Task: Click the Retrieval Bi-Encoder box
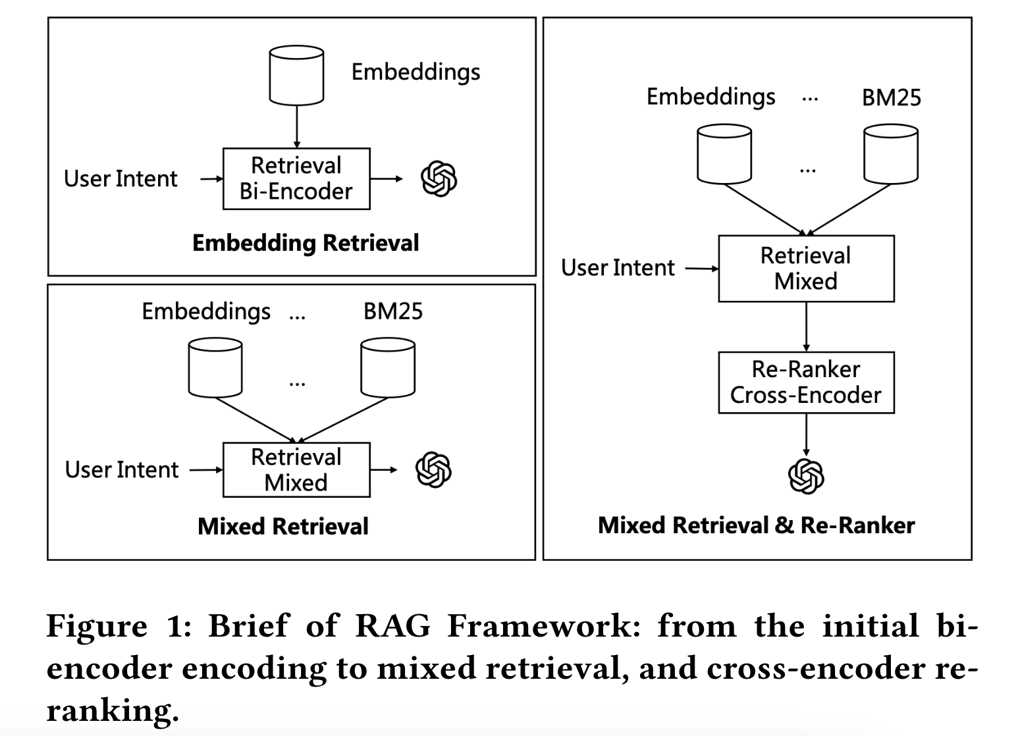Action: pos(296,178)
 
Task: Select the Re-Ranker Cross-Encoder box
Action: pos(805,382)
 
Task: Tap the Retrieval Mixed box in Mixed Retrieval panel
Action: pos(296,469)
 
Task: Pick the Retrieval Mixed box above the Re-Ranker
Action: pos(805,269)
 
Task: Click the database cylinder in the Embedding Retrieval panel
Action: pos(296,75)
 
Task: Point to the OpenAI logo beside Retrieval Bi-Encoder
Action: pos(439,178)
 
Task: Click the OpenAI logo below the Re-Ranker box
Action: pos(806,475)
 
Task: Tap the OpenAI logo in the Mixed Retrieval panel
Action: pos(433,470)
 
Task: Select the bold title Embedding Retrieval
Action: pos(306,243)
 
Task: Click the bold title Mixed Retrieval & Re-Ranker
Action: pos(756,525)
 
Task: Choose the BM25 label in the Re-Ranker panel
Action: pos(891,97)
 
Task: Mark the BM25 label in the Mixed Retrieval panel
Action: pos(392,311)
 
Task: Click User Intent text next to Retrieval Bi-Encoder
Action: pos(121,179)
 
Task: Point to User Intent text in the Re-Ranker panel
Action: pos(618,268)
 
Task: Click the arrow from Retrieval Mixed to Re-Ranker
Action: pos(806,327)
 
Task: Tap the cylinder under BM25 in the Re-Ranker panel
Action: pos(890,155)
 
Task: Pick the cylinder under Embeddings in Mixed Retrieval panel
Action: pos(215,367)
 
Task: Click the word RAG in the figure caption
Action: pos(392,625)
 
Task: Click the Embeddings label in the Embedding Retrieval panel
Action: pos(415,72)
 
